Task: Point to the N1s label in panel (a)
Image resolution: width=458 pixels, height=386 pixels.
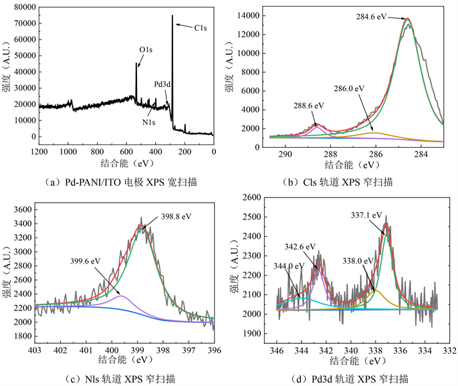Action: [149, 122]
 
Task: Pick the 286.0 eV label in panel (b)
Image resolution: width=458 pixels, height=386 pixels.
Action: [350, 88]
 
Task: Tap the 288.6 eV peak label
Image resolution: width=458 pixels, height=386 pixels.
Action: [309, 106]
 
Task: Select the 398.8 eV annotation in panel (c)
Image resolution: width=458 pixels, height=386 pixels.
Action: [175, 216]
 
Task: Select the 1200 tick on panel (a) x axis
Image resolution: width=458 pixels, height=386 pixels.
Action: [39, 151]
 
